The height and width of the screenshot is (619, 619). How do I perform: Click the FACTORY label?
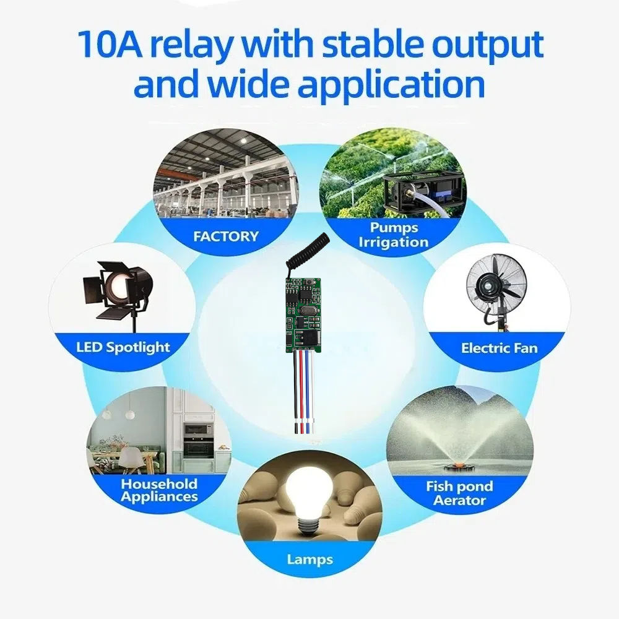226,236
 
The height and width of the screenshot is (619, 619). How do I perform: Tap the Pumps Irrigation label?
394,235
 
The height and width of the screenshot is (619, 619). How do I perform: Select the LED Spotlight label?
123,347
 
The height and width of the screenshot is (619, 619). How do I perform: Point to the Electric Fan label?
500,348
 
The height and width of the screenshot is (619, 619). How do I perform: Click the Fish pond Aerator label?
459,493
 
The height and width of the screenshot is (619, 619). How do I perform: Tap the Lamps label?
310,560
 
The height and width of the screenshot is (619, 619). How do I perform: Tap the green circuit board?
301,313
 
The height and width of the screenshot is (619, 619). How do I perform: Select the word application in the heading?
391,85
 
